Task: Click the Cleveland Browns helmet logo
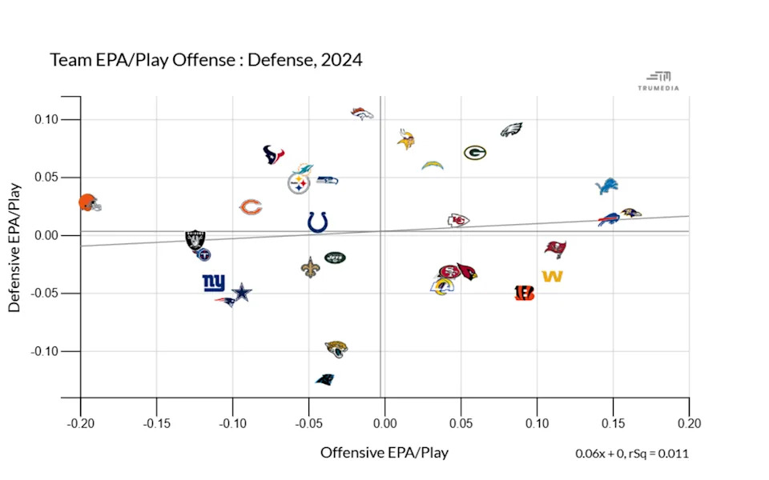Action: [90, 203]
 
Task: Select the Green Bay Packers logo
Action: [474, 152]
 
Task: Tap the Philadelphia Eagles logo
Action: [511, 130]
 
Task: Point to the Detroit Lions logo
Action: [607, 186]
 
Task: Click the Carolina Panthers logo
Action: [324, 379]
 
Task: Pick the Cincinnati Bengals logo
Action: [524, 293]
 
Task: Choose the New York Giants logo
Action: [214, 282]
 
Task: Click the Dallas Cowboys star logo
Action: [242, 294]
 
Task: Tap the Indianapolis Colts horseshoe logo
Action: [317, 222]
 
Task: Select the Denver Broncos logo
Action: [362, 114]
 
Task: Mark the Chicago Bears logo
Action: [251, 208]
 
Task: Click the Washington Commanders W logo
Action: [552, 277]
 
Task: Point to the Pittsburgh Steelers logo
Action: [299, 184]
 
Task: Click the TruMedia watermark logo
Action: [662, 81]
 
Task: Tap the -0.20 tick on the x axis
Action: [80, 423]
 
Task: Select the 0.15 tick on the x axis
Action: [613, 423]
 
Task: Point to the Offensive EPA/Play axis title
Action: [384, 453]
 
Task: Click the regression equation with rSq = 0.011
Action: [631, 454]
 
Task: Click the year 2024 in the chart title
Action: [340, 60]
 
